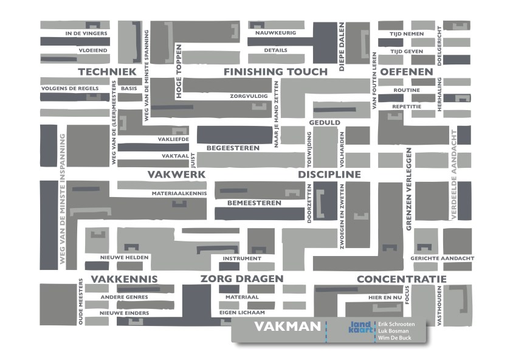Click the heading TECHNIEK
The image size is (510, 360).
click(x=107, y=72)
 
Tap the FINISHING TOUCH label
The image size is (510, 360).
click(x=275, y=72)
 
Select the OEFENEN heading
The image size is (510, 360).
click(x=407, y=72)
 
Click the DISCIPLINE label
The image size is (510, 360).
click(x=329, y=175)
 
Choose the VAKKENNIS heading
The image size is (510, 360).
click(x=124, y=279)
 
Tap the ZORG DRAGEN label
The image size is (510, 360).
click(x=242, y=279)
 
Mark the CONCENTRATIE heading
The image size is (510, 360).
click(x=401, y=279)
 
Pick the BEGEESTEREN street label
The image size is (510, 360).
click(x=233, y=148)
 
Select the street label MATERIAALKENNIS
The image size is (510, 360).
click(x=179, y=193)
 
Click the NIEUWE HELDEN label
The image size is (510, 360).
click(x=125, y=258)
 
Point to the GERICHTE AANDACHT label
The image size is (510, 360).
click(x=443, y=258)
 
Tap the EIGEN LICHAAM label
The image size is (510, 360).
click(x=242, y=313)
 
